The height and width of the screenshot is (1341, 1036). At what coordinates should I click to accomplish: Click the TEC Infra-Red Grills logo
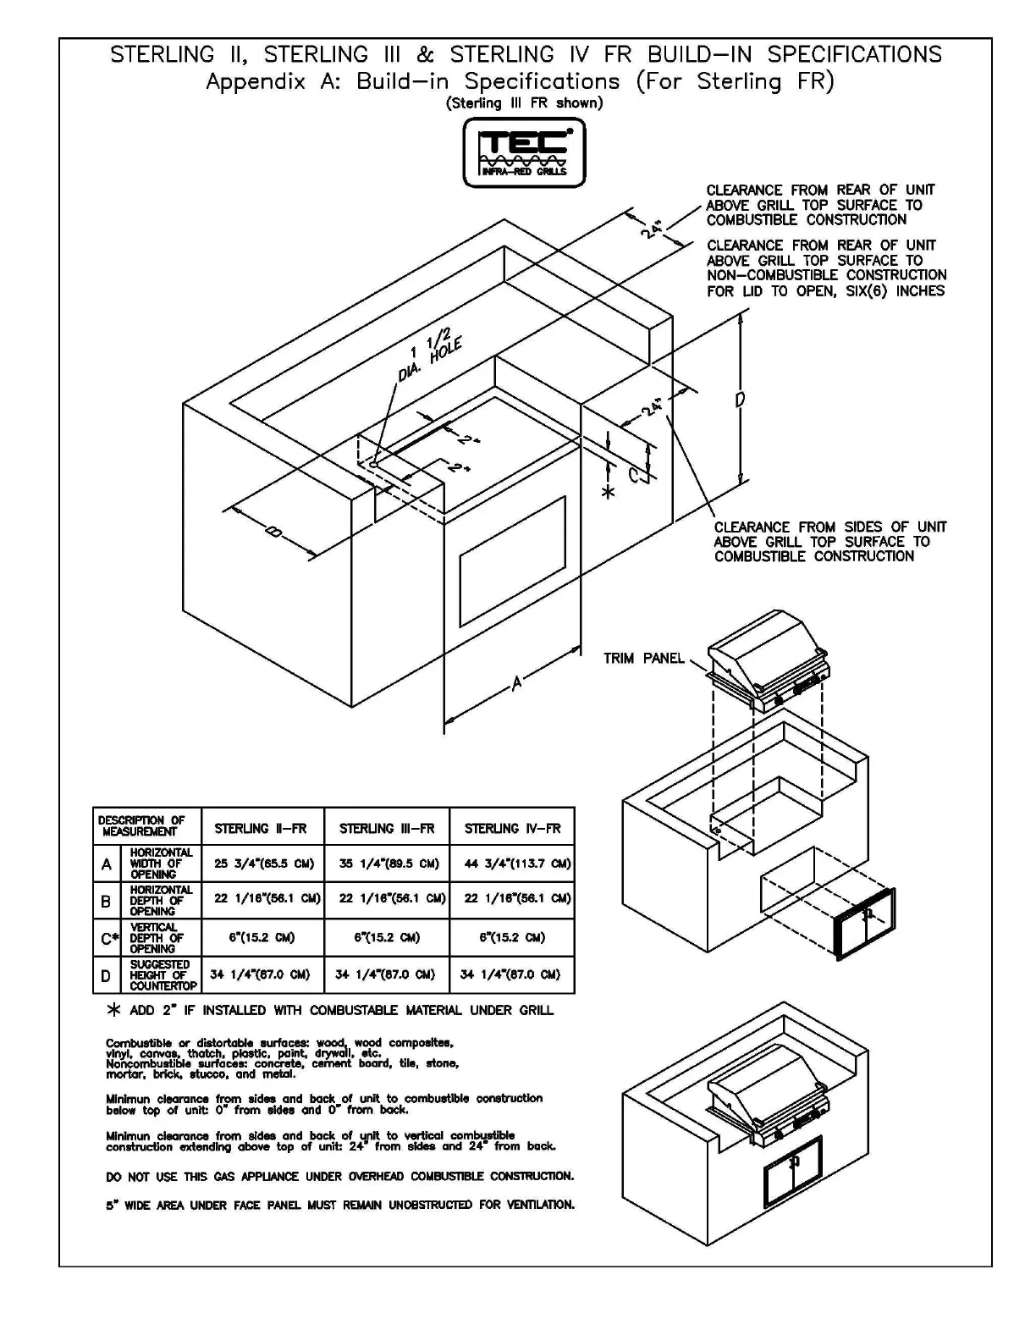(x=524, y=152)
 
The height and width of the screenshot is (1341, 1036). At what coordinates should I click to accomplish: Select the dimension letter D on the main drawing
(x=739, y=399)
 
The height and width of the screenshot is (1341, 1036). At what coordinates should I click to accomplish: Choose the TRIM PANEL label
(x=643, y=659)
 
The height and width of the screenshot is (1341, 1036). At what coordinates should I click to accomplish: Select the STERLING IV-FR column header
(x=512, y=828)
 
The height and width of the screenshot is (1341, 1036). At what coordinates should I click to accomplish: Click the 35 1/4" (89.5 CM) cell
(x=387, y=864)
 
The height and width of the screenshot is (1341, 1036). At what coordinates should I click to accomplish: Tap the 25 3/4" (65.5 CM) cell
(x=263, y=864)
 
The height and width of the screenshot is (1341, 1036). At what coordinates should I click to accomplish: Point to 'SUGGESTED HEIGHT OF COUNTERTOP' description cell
(x=163, y=975)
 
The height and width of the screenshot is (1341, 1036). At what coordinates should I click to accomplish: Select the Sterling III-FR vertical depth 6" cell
(x=387, y=938)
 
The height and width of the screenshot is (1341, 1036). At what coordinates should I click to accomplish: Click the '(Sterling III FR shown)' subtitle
(x=524, y=103)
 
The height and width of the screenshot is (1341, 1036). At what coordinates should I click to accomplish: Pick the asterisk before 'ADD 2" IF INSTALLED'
(x=115, y=1011)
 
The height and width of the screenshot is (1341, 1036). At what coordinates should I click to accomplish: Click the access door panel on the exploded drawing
(x=864, y=924)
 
